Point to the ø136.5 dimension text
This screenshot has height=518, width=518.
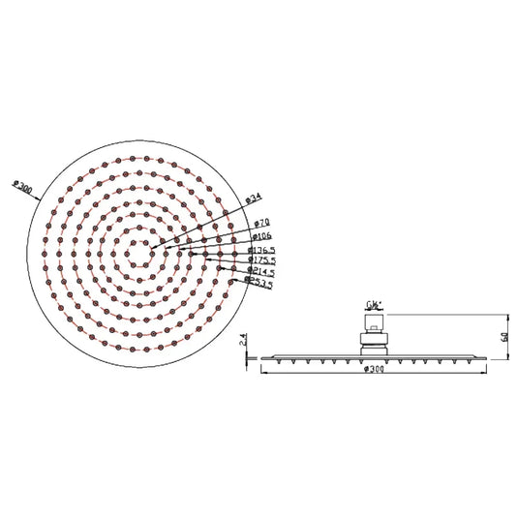click(262, 249)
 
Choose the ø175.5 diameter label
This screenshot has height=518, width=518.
click(262, 259)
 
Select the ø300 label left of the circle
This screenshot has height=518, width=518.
click(19, 183)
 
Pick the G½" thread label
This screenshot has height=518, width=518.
click(373, 301)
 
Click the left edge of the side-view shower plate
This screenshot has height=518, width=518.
click(262, 357)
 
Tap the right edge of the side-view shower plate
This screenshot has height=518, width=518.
click(483, 357)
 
